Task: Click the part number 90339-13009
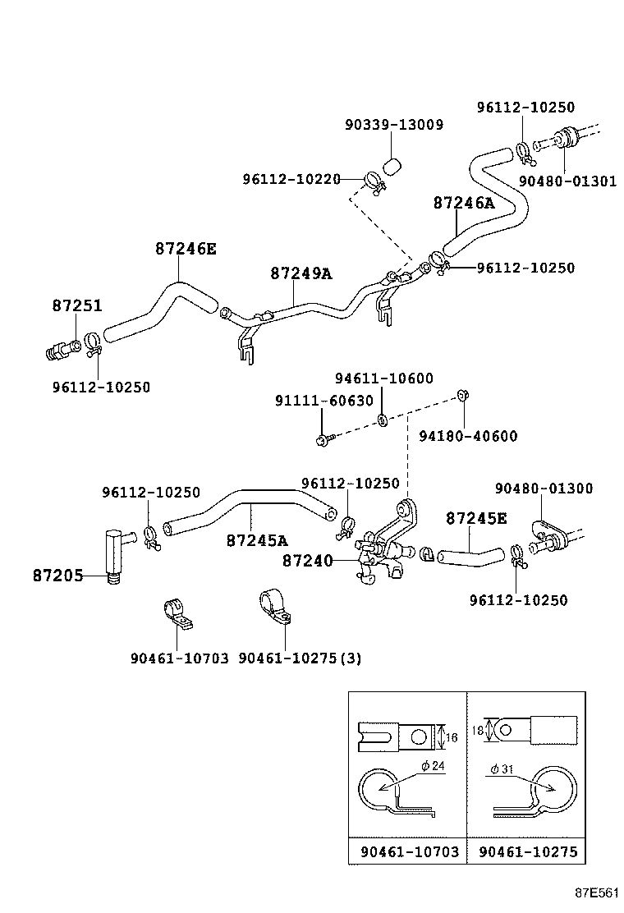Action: tap(393, 125)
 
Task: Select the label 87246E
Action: tap(186, 248)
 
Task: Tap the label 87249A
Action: tap(301, 273)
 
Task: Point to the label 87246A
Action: tap(464, 204)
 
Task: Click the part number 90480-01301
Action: tap(567, 181)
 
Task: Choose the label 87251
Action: tap(77, 305)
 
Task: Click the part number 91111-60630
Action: tap(323, 401)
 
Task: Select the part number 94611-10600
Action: tap(383, 379)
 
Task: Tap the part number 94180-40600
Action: tap(468, 436)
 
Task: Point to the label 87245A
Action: tap(257, 540)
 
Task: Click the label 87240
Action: tap(308, 560)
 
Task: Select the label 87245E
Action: tap(476, 518)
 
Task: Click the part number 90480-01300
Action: tap(543, 489)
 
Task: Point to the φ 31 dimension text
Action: tap(502, 768)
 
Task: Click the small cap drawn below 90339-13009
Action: tap(392, 167)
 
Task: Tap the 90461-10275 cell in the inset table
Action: tap(528, 851)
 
